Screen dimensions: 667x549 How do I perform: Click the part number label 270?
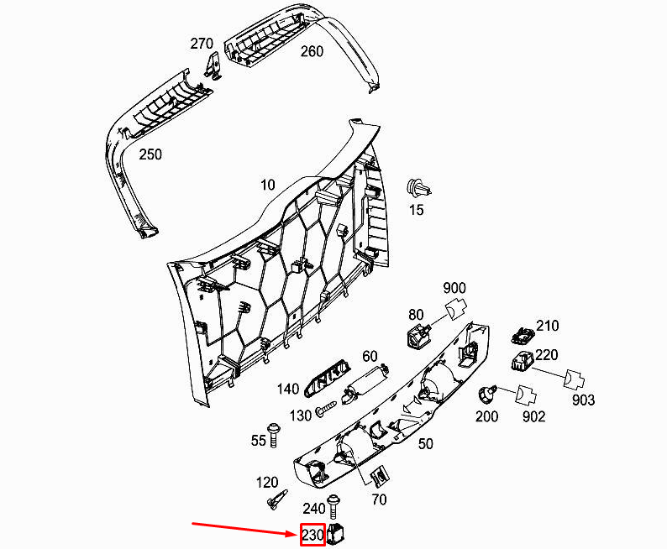(x=202, y=44)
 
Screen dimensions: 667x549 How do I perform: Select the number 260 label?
(x=312, y=51)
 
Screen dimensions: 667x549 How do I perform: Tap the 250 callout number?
(x=150, y=154)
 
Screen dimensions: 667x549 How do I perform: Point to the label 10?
(x=268, y=185)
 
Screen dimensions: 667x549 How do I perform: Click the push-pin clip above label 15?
(x=419, y=189)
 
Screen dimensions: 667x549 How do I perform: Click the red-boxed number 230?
(x=312, y=534)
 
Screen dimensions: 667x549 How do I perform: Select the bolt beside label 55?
(x=273, y=435)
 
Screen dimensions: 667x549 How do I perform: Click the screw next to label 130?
(x=326, y=409)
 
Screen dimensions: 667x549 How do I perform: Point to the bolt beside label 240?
(x=333, y=506)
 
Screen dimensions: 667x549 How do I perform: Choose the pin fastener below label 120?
(x=277, y=499)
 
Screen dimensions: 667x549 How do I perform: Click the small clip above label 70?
(x=379, y=477)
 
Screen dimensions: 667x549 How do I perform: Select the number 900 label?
(x=454, y=288)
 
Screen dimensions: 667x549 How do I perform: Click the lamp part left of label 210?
(x=523, y=336)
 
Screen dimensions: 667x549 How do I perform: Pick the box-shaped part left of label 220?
(x=522, y=362)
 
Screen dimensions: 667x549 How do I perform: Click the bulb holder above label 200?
(x=487, y=394)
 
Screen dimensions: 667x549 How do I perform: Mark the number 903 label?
(x=583, y=400)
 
